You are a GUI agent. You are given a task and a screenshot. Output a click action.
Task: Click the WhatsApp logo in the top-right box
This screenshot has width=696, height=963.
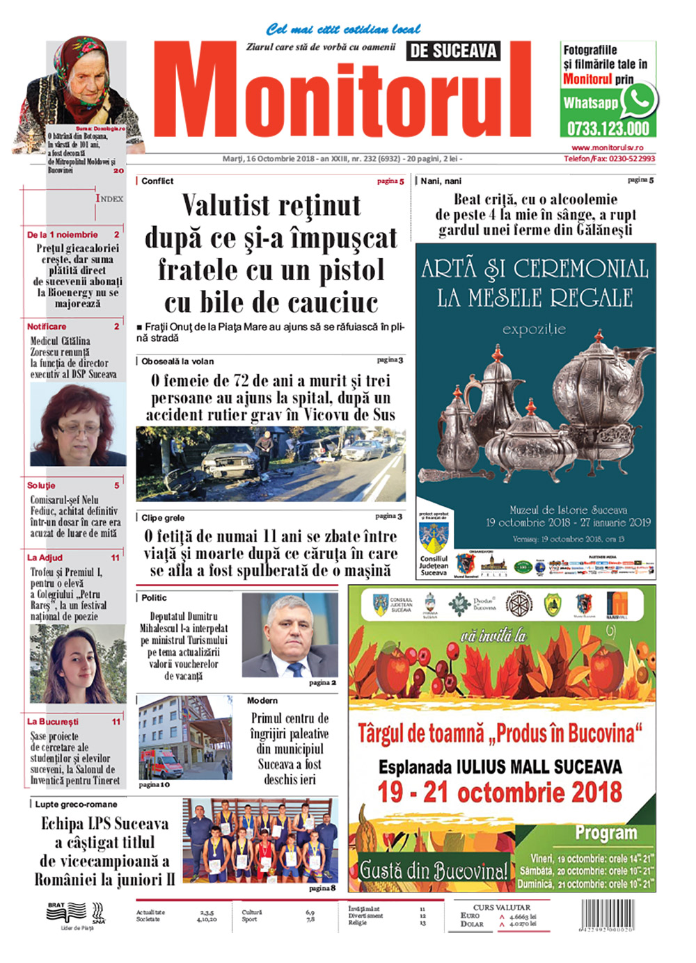[x=638, y=101]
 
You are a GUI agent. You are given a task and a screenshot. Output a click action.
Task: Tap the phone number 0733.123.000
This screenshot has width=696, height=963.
[x=608, y=129]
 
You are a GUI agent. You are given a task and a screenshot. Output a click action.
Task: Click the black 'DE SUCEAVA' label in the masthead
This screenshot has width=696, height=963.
[x=453, y=51]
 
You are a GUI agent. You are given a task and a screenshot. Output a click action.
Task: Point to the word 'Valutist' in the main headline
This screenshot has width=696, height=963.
[x=226, y=206]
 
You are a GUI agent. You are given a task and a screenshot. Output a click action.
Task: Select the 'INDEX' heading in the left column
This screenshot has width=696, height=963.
[x=109, y=198]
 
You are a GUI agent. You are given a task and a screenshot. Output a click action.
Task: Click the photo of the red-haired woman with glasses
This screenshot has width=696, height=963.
[x=77, y=426]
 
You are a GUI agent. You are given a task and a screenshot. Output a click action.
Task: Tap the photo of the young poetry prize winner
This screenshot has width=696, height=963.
[x=77, y=664]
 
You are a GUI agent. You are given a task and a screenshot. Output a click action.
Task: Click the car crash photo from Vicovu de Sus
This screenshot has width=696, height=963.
[x=271, y=464]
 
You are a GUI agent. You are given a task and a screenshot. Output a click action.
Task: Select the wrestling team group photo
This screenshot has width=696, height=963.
[x=260, y=840]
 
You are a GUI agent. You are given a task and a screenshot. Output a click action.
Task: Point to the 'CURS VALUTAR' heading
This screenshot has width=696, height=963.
[x=501, y=907]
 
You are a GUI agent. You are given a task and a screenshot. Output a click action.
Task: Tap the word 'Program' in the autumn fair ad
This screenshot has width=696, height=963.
[x=606, y=833]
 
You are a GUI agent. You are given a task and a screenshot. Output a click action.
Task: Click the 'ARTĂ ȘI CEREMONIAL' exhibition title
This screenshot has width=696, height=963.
[x=535, y=269]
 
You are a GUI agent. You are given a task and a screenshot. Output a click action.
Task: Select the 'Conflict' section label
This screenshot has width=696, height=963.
[x=157, y=181]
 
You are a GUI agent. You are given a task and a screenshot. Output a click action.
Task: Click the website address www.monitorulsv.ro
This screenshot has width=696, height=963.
[x=607, y=147]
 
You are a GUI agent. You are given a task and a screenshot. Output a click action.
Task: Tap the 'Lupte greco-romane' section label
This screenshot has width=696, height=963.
[x=76, y=804]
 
